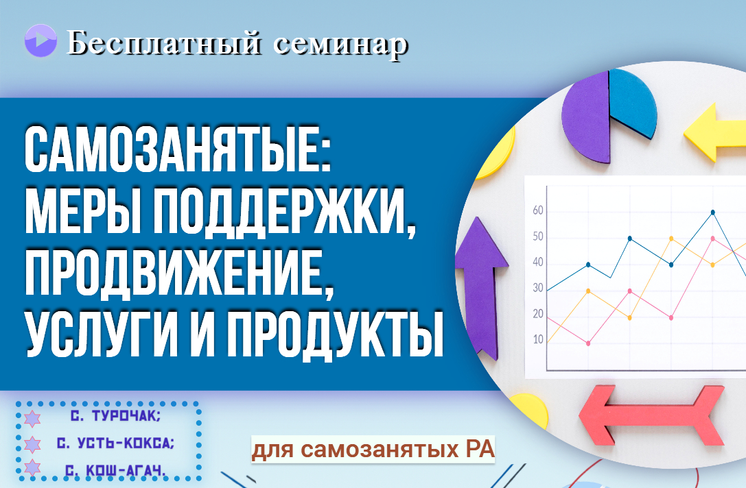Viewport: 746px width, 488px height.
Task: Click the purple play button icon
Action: (x=40, y=41)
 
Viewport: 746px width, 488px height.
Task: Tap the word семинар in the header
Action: (x=341, y=45)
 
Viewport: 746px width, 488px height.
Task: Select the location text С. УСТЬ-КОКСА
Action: (x=115, y=443)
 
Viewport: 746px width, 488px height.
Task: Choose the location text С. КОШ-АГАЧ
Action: (x=115, y=470)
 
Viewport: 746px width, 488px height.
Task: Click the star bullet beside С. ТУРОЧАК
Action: (x=32, y=418)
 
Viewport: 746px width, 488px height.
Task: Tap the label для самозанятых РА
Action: (x=373, y=449)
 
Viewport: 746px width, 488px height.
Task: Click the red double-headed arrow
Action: (x=652, y=415)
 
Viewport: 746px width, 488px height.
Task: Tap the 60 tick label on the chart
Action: (x=537, y=210)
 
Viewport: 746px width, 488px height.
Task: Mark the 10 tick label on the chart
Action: (x=537, y=339)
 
